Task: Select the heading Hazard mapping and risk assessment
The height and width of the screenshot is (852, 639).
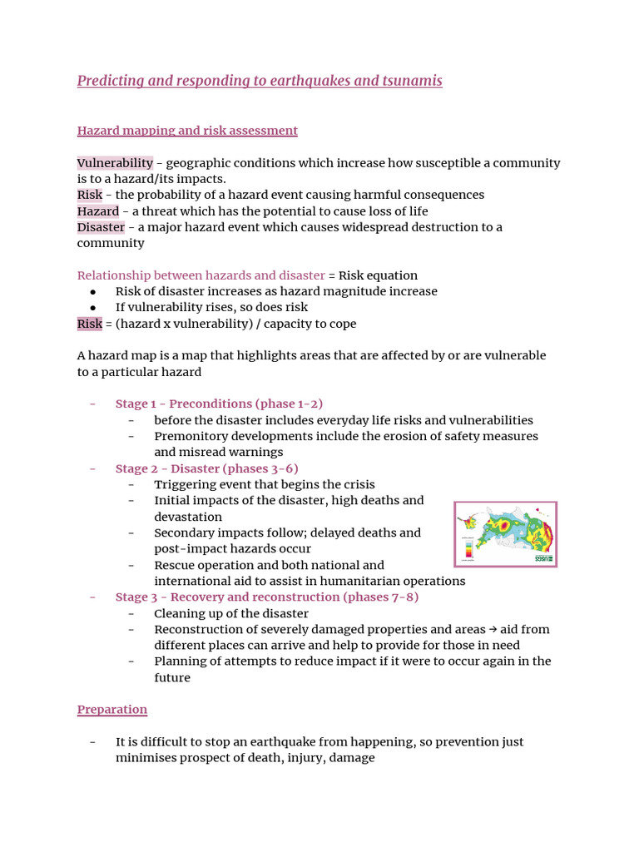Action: point(187,131)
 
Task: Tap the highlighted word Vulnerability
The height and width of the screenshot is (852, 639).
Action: point(115,163)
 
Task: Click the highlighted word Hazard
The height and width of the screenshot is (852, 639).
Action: point(98,211)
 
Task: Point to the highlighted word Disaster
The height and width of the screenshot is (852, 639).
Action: point(101,227)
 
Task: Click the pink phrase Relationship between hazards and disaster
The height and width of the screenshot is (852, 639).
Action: point(201,275)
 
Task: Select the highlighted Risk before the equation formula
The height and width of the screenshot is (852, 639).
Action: point(90,324)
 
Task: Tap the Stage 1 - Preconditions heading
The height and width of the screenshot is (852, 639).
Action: point(219,404)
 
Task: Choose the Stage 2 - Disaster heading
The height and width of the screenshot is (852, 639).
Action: point(206,468)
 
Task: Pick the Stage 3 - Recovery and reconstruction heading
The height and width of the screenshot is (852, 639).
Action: point(267,597)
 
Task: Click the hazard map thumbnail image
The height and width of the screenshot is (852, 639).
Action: point(505,534)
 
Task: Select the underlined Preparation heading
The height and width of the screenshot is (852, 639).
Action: point(112,710)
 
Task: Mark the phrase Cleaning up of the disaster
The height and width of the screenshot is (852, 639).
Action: point(231,613)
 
